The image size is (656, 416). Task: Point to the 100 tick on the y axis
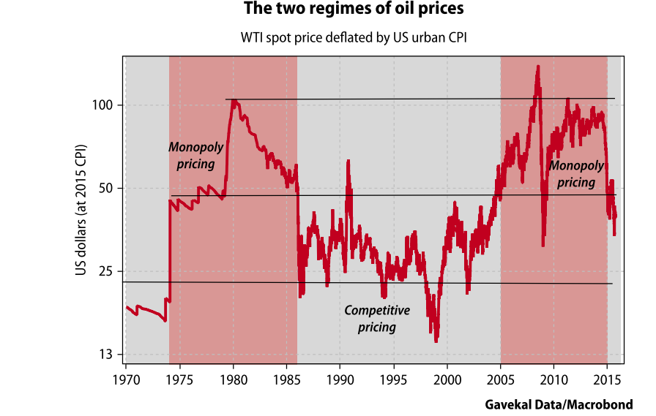pyautogui.click(x=102, y=105)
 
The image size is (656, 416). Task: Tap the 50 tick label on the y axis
pyautogui.click(x=105, y=189)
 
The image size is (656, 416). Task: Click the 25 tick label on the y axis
pyautogui.click(x=105, y=271)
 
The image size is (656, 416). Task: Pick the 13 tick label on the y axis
pyautogui.click(x=105, y=355)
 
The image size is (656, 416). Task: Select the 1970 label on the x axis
pyautogui.click(x=126, y=380)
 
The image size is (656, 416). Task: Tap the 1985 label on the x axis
pyautogui.click(x=286, y=380)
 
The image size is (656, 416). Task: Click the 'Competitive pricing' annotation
pyautogui.click(x=377, y=319)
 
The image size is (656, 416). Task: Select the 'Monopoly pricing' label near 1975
pyautogui.click(x=195, y=156)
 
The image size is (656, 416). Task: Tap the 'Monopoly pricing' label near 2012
pyautogui.click(x=576, y=174)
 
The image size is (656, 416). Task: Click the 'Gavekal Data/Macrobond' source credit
pyautogui.click(x=559, y=404)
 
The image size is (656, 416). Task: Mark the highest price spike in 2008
pyautogui.click(x=538, y=67)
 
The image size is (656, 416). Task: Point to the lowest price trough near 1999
pyautogui.click(x=436, y=340)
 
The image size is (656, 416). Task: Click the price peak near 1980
pyautogui.click(x=234, y=100)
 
